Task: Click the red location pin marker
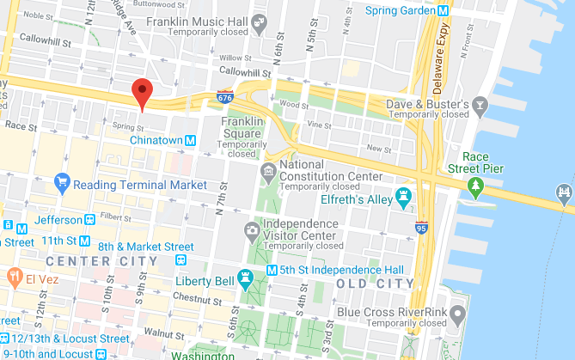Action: tap(143, 92)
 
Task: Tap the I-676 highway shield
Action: tap(224, 97)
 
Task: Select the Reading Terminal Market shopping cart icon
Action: tap(61, 183)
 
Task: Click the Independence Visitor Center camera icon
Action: tap(251, 229)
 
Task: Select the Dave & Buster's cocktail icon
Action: tap(480, 106)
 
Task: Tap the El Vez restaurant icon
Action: tap(15, 277)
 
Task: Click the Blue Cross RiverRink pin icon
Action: tap(458, 313)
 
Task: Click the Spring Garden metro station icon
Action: tap(443, 10)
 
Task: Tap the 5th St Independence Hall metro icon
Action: tap(272, 270)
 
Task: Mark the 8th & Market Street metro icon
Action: tap(179, 247)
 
